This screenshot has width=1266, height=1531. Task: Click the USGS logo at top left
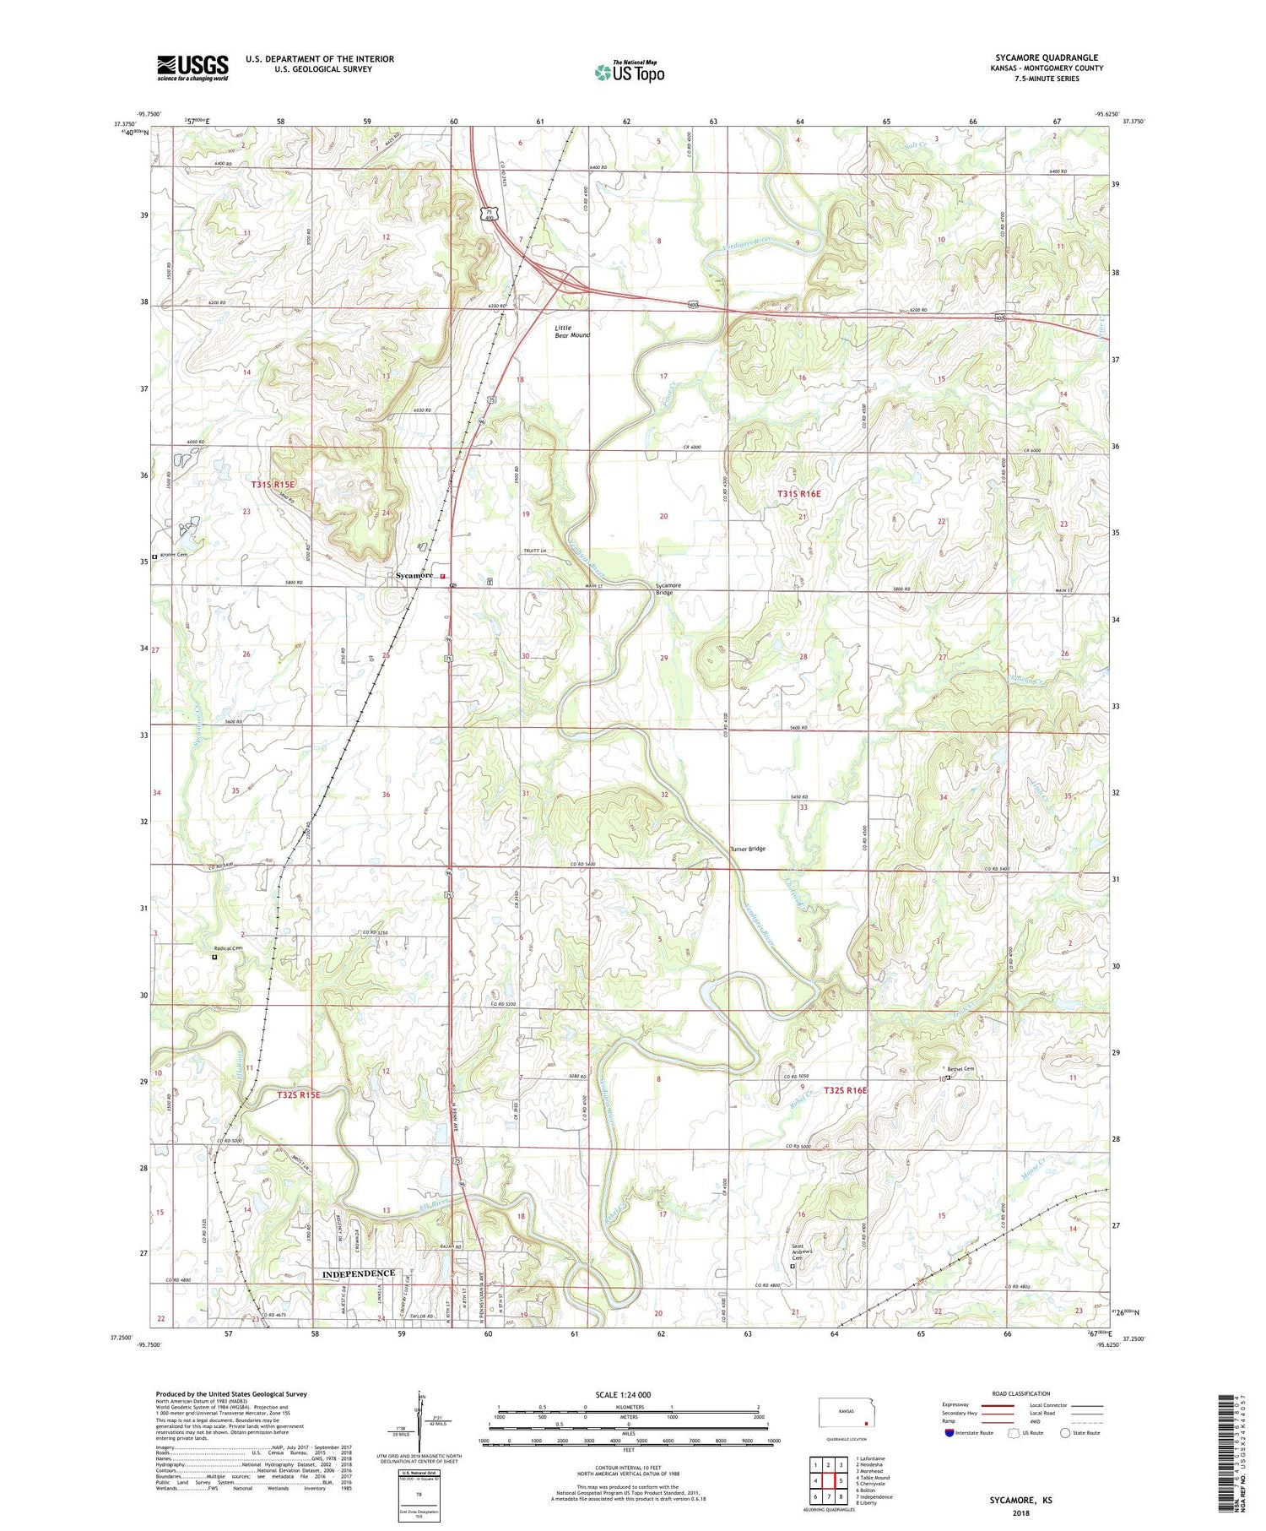pos(192,68)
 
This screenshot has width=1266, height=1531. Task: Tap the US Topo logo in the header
pos(629,72)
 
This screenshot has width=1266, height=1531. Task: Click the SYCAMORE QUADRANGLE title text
pos(1047,58)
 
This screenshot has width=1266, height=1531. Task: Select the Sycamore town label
pos(414,575)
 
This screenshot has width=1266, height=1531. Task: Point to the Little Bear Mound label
pos(572,331)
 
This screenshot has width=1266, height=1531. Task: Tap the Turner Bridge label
pos(747,849)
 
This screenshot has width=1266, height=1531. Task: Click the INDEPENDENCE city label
pos(359,1273)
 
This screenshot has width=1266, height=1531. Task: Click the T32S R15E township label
pos(299,1094)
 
